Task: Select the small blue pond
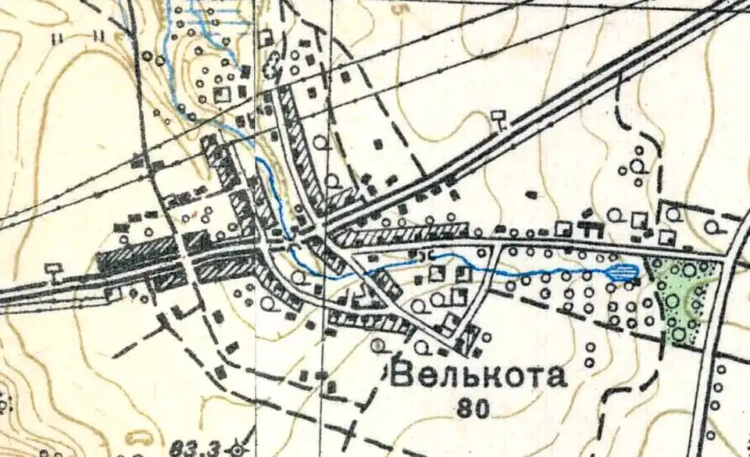tap(623, 271)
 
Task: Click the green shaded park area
tap(684, 301)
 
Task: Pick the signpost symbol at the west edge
tap(52, 270)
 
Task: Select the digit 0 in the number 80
tap(482, 407)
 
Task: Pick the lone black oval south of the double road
tap(534, 192)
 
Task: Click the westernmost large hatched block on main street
tap(137, 255)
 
